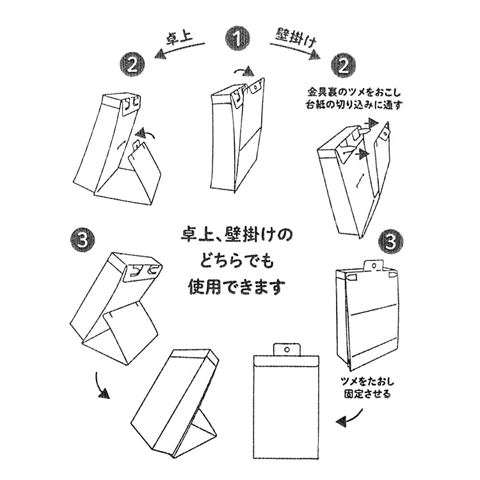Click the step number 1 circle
(x=238, y=38)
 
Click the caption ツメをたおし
(x=365, y=383)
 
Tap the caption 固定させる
(x=365, y=395)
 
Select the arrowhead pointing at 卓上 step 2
(x=157, y=56)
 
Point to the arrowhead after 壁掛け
(x=316, y=56)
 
